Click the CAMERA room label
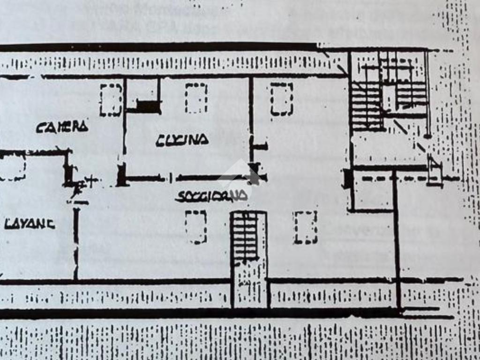point(62,127)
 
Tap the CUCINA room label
point(182,139)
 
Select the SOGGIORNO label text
point(211,196)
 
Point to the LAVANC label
point(29,224)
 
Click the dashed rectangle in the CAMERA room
point(111,100)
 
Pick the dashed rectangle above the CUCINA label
point(196,98)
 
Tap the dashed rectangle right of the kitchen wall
point(281,99)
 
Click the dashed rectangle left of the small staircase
point(195,227)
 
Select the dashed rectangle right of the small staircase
point(305,227)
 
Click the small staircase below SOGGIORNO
point(246,237)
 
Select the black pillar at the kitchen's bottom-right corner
point(255,172)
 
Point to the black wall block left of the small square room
point(347,179)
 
